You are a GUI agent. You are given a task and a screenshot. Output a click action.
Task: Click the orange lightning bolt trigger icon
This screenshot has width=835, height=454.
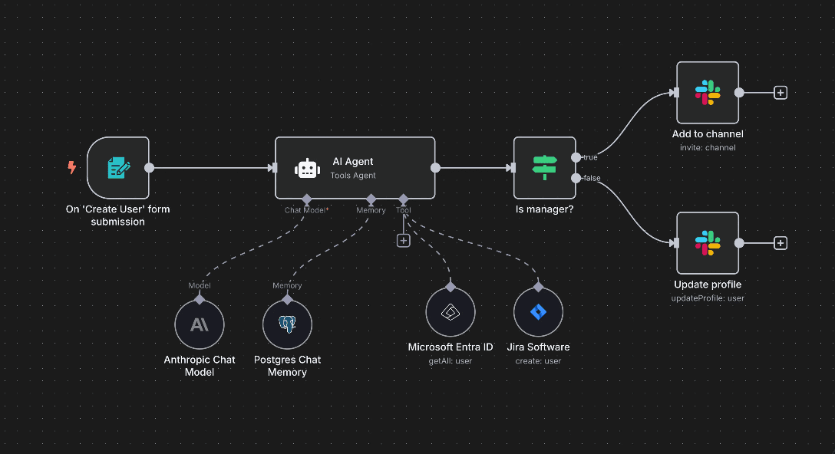[72, 167]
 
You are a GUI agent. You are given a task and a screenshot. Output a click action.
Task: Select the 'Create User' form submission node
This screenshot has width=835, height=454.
[117, 168]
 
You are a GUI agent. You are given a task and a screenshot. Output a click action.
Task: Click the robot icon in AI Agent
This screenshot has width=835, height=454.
[307, 169]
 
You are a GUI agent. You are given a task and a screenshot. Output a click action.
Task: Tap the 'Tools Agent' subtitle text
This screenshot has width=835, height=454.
[354, 176]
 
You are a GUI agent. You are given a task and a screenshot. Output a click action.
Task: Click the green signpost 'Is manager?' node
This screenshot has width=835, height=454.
[544, 168]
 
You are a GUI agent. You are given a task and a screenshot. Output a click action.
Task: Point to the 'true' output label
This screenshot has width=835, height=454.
[590, 157]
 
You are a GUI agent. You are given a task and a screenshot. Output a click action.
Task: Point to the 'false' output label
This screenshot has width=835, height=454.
[592, 178]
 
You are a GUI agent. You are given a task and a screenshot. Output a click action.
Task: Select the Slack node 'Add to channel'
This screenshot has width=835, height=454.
[707, 93]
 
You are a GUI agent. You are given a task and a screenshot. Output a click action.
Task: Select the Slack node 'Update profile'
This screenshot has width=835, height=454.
[707, 243]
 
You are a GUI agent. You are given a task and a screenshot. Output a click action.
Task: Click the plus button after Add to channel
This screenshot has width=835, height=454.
[781, 93]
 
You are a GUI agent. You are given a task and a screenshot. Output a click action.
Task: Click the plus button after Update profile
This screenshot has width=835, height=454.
[781, 243]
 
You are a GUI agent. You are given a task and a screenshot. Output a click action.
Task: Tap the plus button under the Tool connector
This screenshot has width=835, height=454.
[404, 240]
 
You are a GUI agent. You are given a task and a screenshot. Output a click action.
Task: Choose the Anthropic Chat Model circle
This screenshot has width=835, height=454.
[200, 324]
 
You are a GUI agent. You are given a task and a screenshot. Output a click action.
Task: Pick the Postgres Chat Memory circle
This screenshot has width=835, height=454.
[287, 324]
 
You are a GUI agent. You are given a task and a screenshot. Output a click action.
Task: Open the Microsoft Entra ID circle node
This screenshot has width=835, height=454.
[451, 312]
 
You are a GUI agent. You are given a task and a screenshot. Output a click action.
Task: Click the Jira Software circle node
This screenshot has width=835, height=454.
[538, 312]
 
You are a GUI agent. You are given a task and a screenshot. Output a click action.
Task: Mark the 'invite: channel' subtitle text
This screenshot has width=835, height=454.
[707, 147]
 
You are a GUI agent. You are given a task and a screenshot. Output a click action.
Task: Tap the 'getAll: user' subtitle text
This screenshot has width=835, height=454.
[451, 360]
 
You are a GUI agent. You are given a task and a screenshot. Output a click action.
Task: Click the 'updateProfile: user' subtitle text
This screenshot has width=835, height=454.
[707, 298]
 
